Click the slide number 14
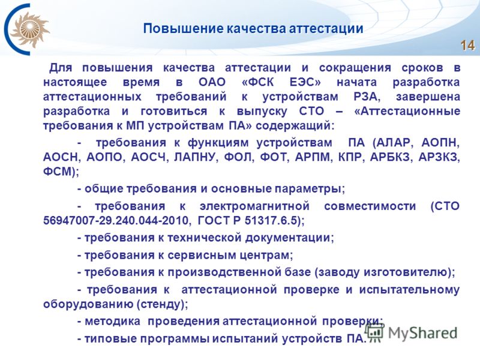tap(467, 46)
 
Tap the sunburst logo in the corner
tap(29, 29)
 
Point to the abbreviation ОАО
tap(212, 82)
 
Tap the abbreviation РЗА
tap(367, 97)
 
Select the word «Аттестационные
tap(407, 111)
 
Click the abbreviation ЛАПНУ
tap(196, 157)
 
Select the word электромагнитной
tap(254, 206)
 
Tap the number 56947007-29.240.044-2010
tap(115, 220)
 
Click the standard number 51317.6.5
tap(271, 220)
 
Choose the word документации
tap(289, 238)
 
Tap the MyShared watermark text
tap(422, 333)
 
